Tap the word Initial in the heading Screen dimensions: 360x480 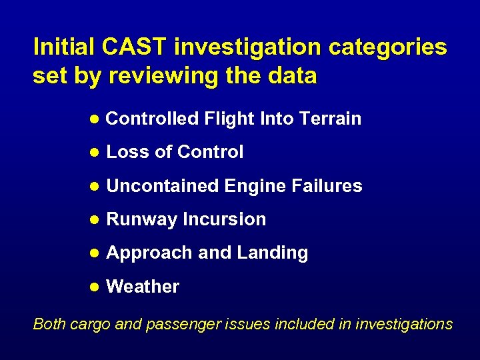click(65, 47)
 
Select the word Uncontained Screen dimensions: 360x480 click(162, 186)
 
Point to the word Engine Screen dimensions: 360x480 click(255, 186)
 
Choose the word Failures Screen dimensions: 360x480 click(327, 186)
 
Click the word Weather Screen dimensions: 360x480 click(143, 287)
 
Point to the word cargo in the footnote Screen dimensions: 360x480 click(89, 325)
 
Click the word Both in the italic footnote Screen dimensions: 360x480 click(48, 324)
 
